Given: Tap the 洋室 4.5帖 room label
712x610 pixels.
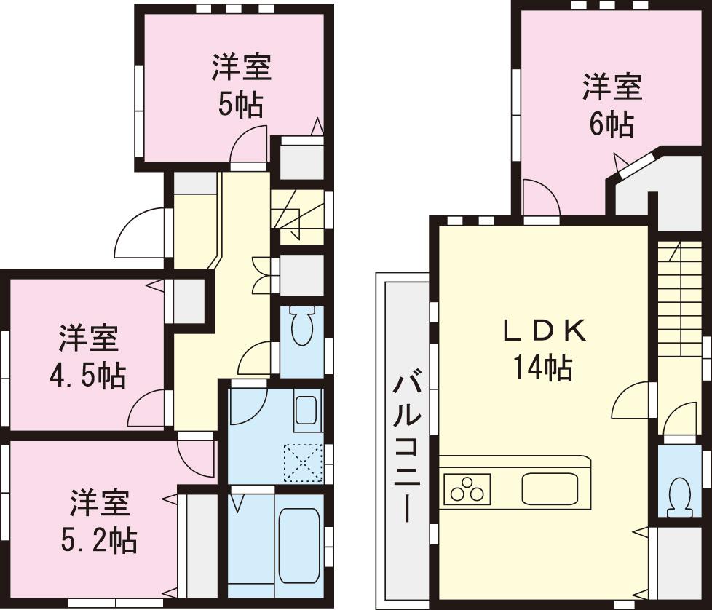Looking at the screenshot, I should coord(88,357).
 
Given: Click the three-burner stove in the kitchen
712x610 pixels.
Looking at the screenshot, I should coord(467,488).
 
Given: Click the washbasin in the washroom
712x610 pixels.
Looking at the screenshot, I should coord(306,412).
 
